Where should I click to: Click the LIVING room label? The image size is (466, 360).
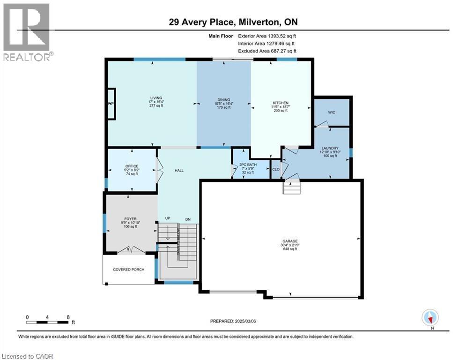point(153,98)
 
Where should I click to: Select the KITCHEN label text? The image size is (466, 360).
point(281,103)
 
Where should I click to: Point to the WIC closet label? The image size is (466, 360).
point(332,112)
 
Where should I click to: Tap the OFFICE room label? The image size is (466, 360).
point(131,166)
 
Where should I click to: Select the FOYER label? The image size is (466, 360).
point(130,219)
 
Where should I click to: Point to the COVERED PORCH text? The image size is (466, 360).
point(128,270)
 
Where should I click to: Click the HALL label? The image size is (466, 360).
point(178,170)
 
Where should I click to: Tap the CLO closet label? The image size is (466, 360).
point(276,169)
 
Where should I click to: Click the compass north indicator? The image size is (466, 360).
point(430,318)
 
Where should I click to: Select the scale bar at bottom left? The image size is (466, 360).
point(48,322)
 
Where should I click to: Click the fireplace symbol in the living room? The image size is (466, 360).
point(111,104)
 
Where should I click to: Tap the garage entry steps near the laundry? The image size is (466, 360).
point(291,188)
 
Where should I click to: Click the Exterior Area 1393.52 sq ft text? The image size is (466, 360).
point(267,35)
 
